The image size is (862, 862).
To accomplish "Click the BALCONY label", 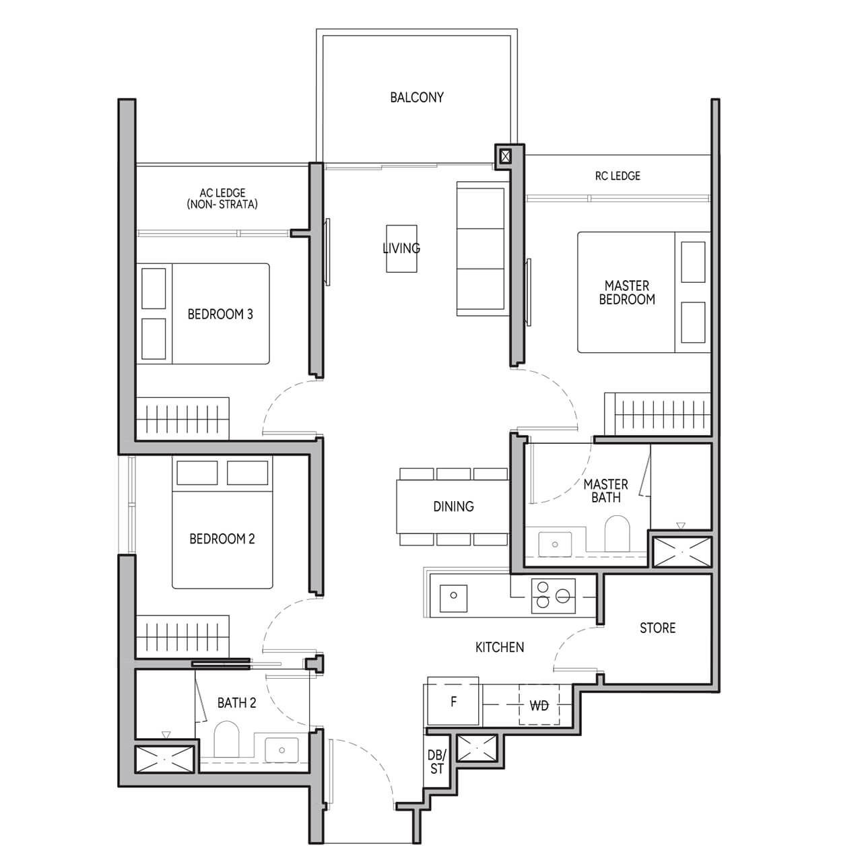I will [x=417, y=98].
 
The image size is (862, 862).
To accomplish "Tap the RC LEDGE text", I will [x=618, y=176].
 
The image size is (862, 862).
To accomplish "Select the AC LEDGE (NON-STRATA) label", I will [x=222, y=199].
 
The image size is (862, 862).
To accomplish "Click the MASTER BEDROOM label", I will [x=627, y=292].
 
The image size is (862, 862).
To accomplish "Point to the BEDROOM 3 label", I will [x=220, y=314].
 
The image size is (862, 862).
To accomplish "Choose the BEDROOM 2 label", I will [x=222, y=539].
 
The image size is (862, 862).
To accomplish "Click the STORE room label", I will [x=657, y=628].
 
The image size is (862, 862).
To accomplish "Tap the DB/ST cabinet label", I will [x=436, y=762].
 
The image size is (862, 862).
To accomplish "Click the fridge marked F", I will [x=453, y=702].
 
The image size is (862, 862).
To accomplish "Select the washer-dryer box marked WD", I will [x=539, y=705].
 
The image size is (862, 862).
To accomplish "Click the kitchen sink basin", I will [x=454, y=595].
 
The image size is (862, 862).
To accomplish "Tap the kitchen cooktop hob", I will [x=553, y=596].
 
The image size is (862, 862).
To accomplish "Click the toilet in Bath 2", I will [x=226, y=739].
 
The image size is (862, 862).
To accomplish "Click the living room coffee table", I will [x=401, y=248].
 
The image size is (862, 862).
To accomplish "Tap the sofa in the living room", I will [x=481, y=248].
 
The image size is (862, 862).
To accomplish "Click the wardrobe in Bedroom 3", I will [x=183, y=418].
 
